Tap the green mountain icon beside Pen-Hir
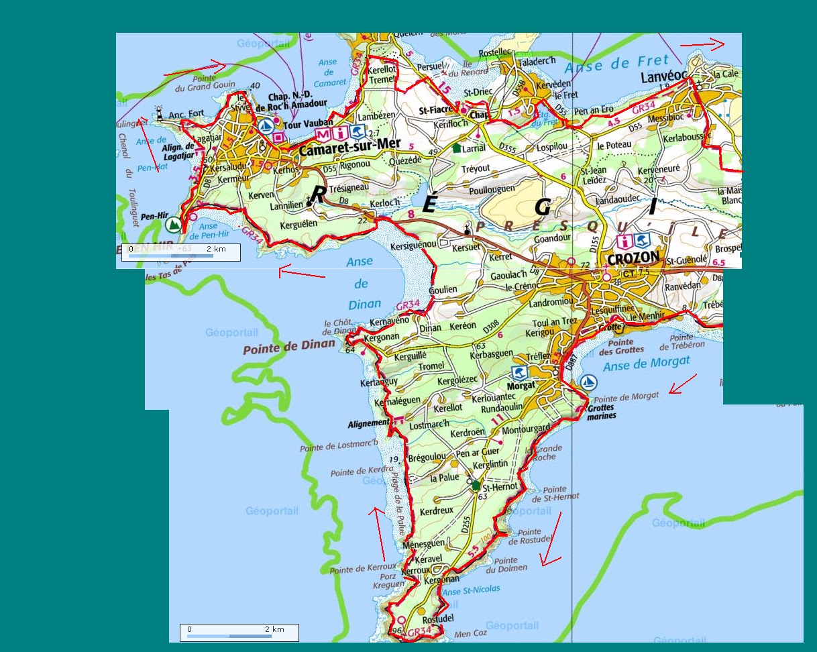174,223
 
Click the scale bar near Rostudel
239,633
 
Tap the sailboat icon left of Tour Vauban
266,125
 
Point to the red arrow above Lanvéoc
702,45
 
